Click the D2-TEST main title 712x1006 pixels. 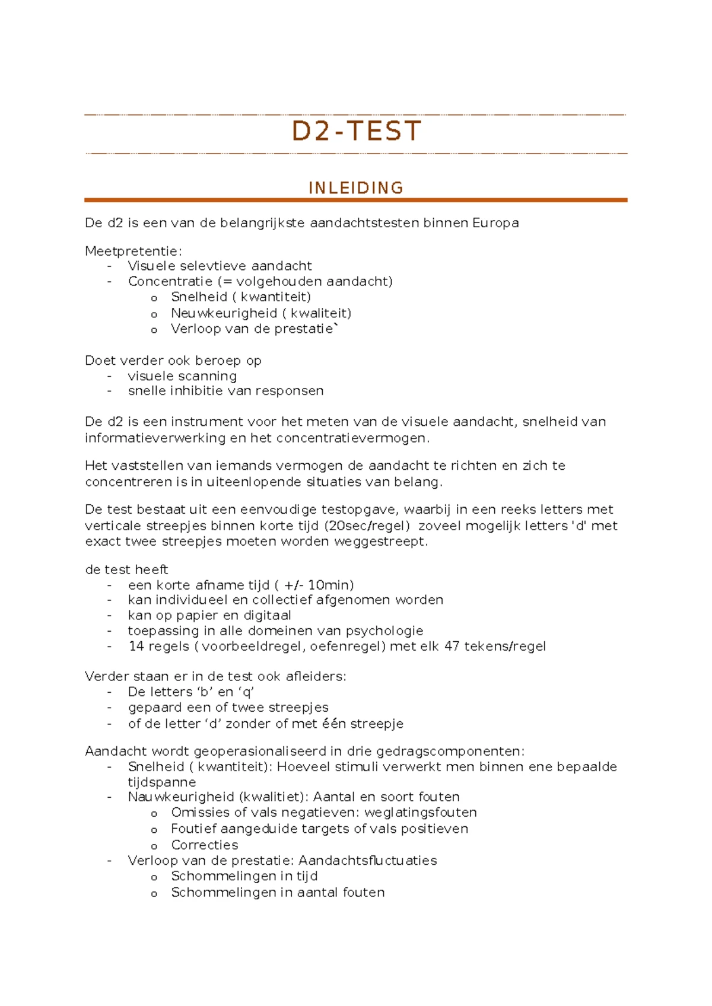[x=356, y=131]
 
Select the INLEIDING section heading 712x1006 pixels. [x=356, y=188]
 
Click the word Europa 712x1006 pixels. [x=495, y=223]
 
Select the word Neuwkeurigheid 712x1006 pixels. [x=224, y=313]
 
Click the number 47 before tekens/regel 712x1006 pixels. [x=452, y=646]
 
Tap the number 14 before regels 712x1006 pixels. [x=136, y=646]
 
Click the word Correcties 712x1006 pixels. [x=205, y=845]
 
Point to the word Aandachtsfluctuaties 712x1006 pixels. [x=367, y=861]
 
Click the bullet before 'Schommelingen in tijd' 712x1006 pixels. [x=154, y=877]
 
